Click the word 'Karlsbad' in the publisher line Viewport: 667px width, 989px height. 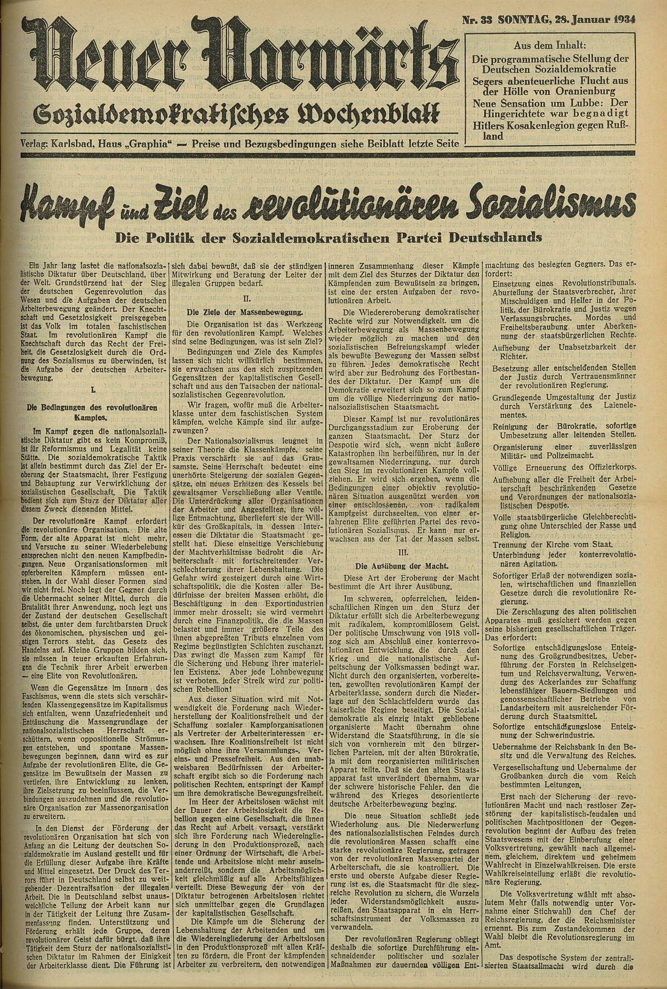[73, 143]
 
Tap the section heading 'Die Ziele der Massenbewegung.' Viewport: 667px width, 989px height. [244, 312]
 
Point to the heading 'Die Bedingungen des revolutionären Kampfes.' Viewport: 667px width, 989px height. [93, 412]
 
